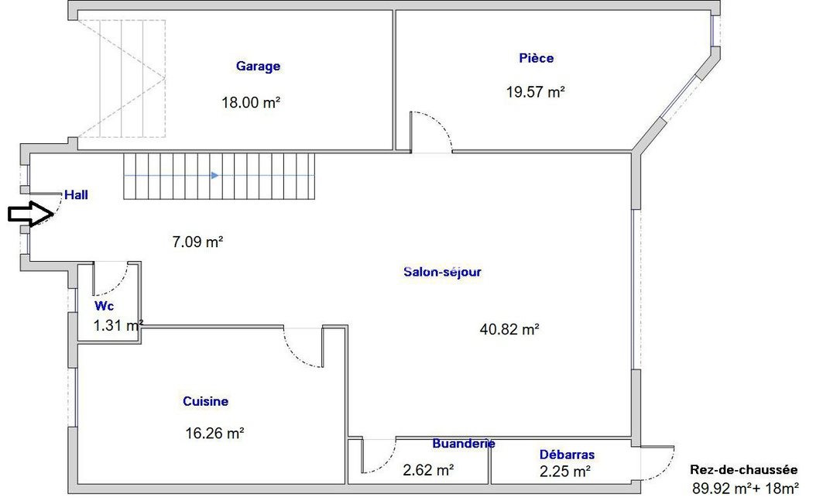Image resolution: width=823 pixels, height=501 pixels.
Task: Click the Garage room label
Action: click(x=258, y=67)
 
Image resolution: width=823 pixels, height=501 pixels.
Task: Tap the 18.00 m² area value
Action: click(x=250, y=101)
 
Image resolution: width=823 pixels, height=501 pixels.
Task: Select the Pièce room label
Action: click(x=537, y=58)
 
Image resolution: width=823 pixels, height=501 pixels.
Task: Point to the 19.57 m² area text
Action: click(x=536, y=91)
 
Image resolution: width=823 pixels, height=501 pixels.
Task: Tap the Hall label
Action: click(x=76, y=195)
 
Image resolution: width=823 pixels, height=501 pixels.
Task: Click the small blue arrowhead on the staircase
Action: click(x=214, y=176)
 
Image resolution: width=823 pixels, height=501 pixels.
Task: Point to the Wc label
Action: click(x=104, y=306)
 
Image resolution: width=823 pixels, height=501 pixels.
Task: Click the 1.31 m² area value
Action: click(x=118, y=325)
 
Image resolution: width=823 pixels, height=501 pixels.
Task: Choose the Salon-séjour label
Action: click(x=443, y=272)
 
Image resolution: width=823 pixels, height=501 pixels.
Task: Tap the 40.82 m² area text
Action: click(x=509, y=329)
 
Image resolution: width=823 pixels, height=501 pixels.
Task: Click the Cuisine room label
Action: click(x=205, y=402)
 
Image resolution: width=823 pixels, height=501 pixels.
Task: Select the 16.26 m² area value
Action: click(x=215, y=434)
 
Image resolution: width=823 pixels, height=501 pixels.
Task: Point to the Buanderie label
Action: click(x=464, y=444)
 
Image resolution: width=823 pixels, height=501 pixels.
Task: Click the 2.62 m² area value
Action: click(x=428, y=469)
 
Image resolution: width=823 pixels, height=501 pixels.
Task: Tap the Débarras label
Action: click(x=567, y=455)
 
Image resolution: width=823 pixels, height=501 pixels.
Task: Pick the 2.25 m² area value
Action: click(x=565, y=470)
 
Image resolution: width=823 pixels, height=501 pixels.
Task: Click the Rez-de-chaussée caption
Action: click(x=743, y=470)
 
